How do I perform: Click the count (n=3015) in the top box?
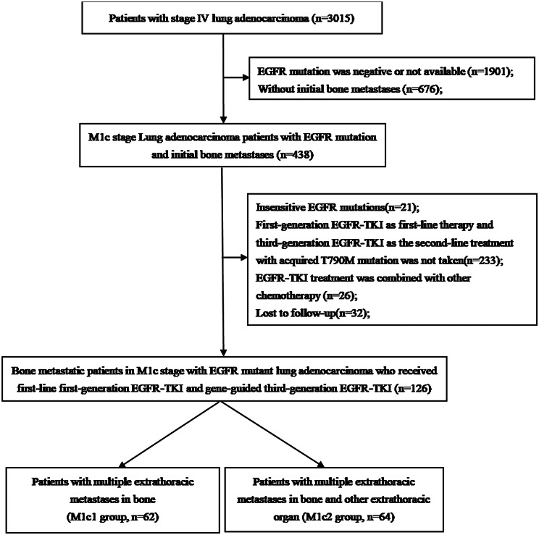(333, 18)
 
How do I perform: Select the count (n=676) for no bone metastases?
(422, 89)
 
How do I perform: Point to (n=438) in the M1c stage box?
(295, 155)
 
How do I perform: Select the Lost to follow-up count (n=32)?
(352, 313)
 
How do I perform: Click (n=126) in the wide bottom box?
(412, 388)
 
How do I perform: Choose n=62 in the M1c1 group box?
(145, 517)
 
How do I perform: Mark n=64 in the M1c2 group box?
(380, 517)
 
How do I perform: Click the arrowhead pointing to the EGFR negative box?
(246, 77)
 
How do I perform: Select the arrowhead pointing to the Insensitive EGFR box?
(243, 257)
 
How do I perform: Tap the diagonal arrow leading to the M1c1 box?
(169, 434)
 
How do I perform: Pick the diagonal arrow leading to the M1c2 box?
(272, 434)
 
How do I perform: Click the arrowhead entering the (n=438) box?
(223, 119)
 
